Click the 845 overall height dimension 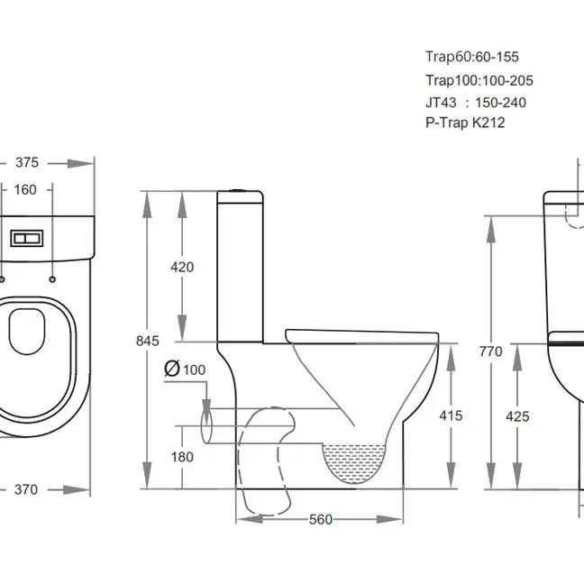[x=149, y=341]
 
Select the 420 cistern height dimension [x=181, y=267]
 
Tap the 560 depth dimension [x=321, y=519]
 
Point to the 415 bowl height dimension [x=452, y=415]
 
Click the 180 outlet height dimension [x=182, y=457]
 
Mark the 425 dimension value [x=517, y=416]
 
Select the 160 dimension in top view [x=25, y=189]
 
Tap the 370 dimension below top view [x=26, y=489]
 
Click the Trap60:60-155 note [x=472, y=57]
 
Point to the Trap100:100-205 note [x=479, y=80]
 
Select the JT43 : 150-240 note [x=475, y=103]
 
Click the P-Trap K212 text [x=465, y=123]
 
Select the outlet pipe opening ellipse [x=206, y=424]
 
